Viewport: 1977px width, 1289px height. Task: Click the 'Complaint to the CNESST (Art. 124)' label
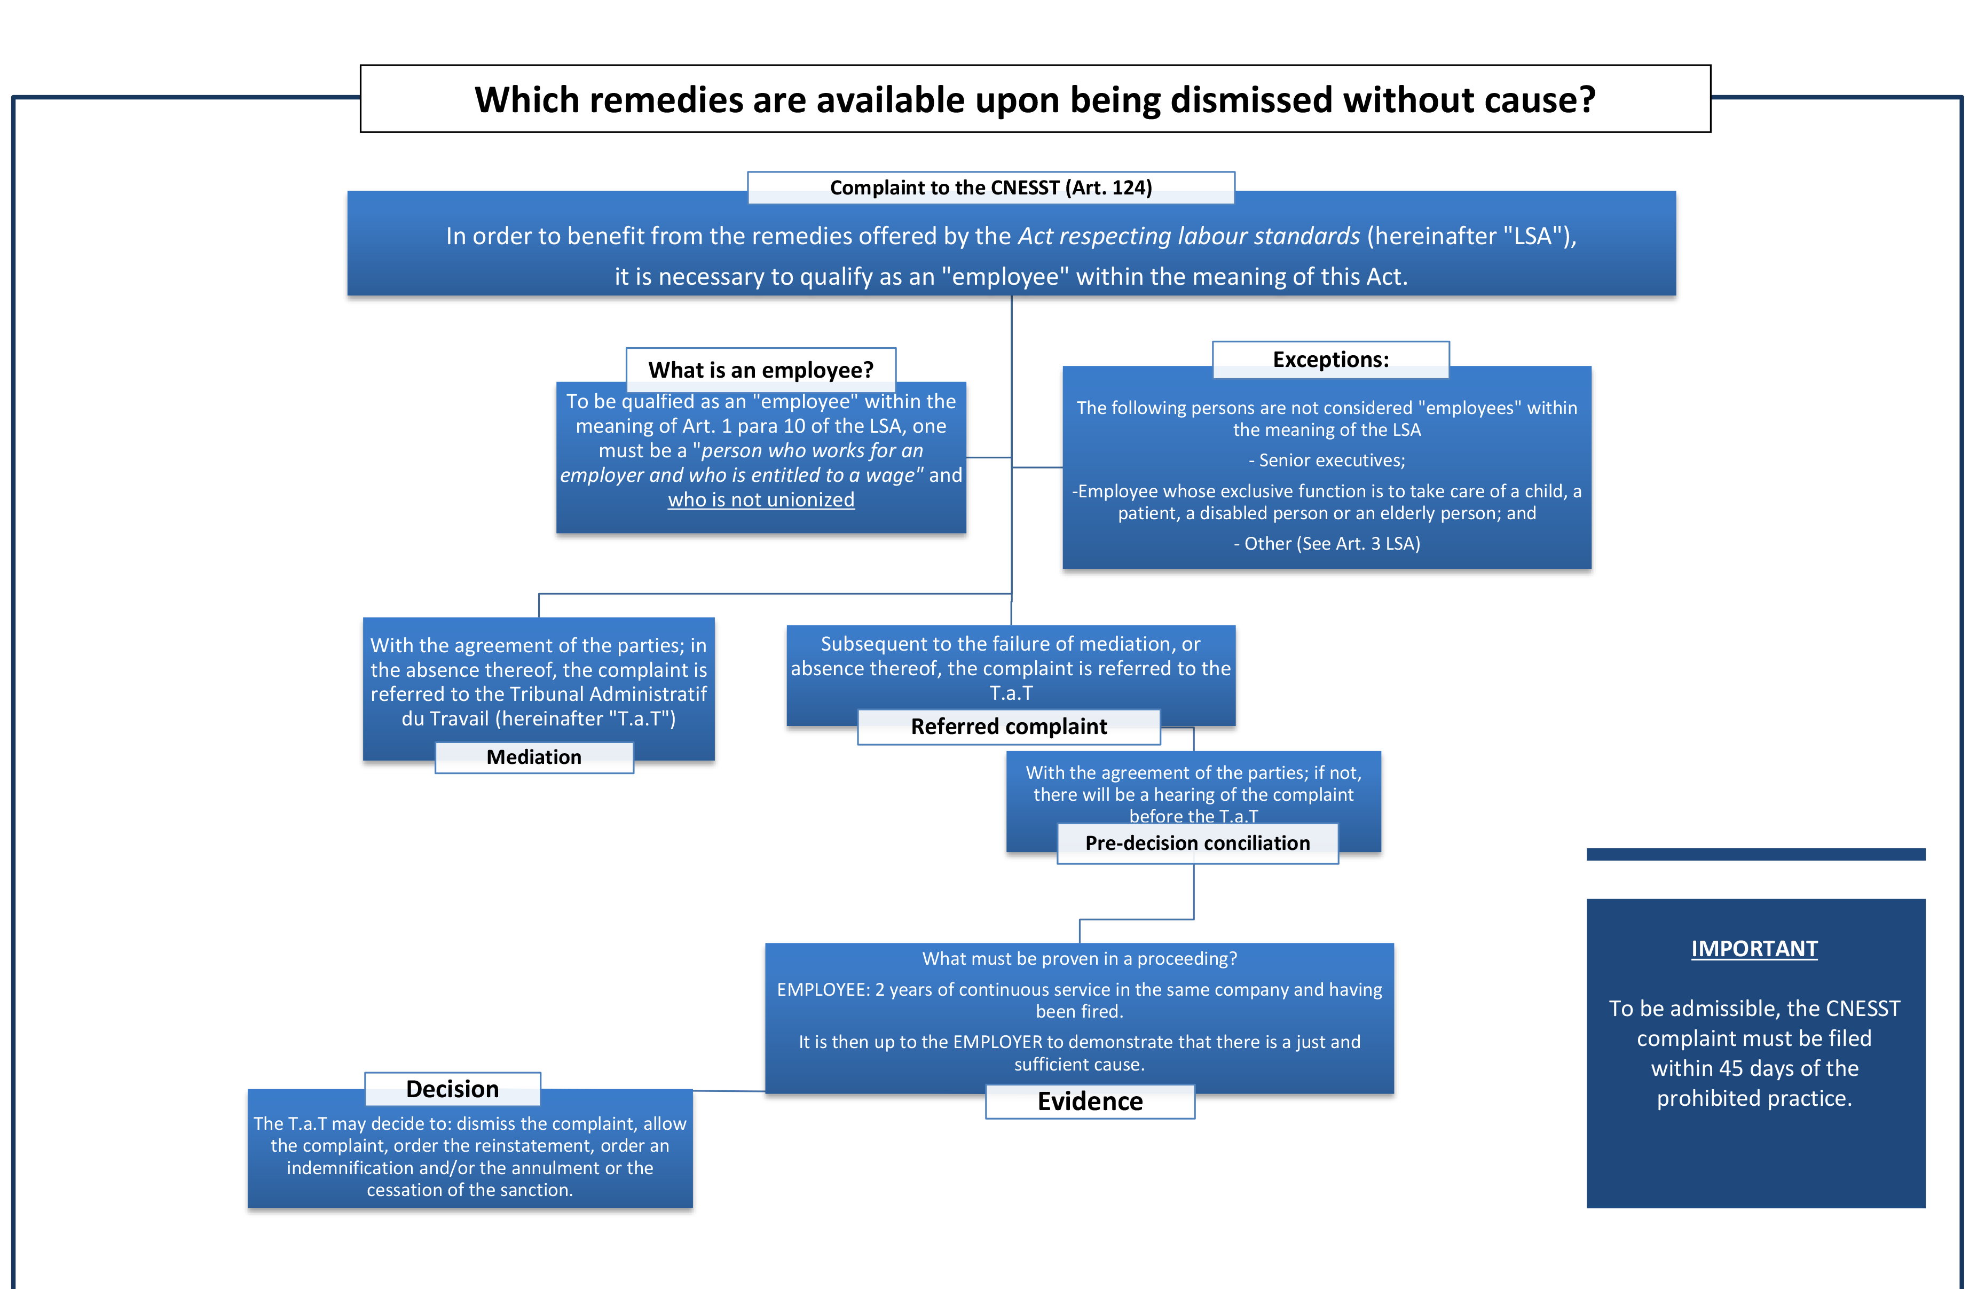tap(990, 188)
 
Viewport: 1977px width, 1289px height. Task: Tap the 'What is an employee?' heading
tap(760, 370)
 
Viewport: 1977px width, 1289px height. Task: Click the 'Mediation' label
tap(533, 757)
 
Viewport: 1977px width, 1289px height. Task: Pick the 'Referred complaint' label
tap(1009, 726)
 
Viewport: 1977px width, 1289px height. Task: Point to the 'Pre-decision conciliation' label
tap(1197, 843)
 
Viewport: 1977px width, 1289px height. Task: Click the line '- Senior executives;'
tap(1327, 460)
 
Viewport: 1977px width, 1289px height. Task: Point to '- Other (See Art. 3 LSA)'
tap(1327, 543)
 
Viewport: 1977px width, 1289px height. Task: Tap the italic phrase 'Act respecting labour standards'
tap(1188, 236)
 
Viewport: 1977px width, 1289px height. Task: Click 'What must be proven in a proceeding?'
tap(1079, 958)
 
